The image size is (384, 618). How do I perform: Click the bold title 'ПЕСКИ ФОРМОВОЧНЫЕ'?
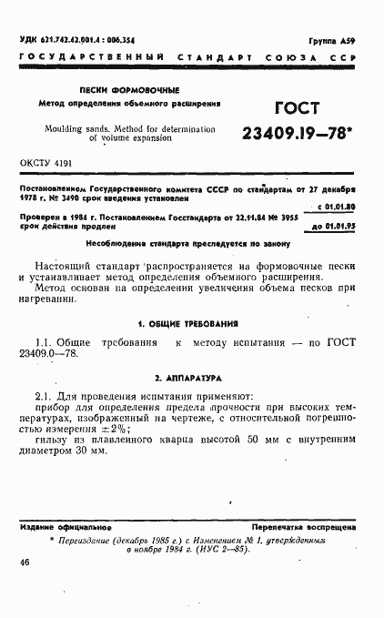130,90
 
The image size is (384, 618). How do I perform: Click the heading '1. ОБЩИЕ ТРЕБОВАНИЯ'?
187,324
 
